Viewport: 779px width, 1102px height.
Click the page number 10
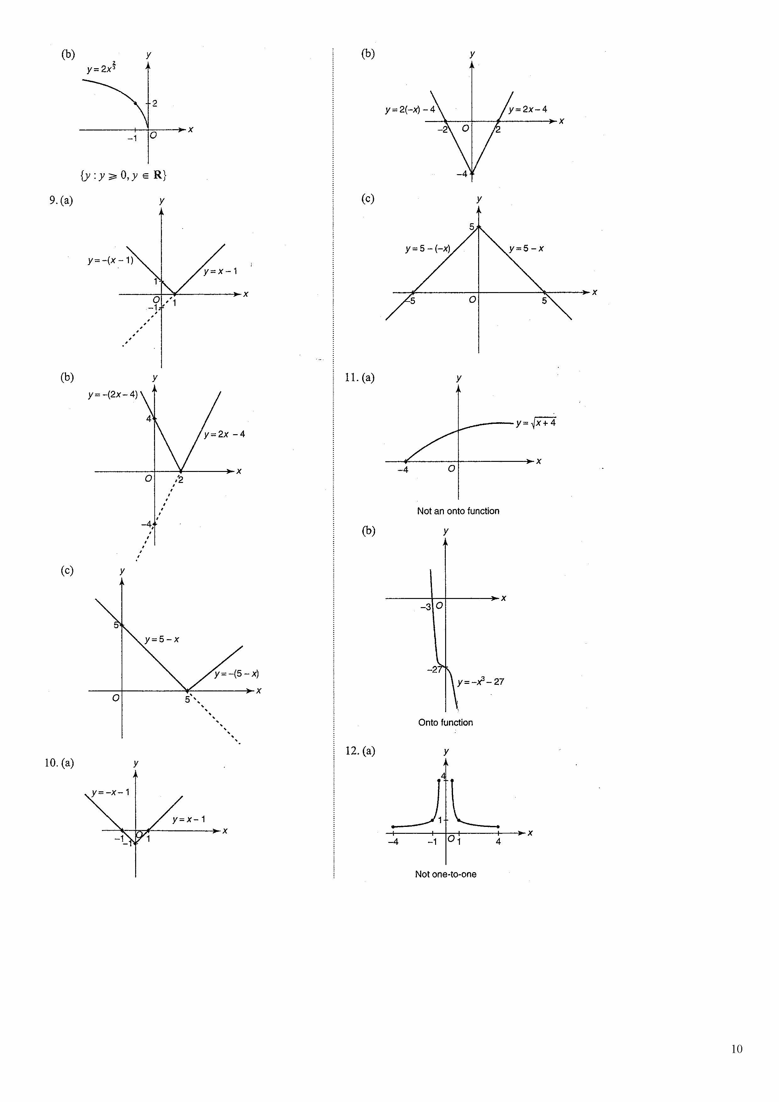point(736,1049)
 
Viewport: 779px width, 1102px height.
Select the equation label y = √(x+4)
point(536,423)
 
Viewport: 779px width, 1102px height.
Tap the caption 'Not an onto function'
point(458,511)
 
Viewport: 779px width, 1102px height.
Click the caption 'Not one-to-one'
point(445,874)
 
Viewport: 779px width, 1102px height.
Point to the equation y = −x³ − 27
point(480,682)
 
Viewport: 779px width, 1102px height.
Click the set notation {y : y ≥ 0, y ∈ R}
point(123,175)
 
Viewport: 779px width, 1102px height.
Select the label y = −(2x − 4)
point(113,395)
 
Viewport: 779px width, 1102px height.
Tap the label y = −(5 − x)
point(237,673)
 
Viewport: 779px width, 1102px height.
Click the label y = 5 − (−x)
point(428,249)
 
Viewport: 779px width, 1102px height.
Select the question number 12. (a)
point(360,751)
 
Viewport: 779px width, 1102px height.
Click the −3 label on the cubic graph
point(425,607)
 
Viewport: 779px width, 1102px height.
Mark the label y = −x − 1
point(110,792)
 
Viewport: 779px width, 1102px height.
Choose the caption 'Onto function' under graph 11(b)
point(445,722)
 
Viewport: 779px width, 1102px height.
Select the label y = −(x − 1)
point(110,261)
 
